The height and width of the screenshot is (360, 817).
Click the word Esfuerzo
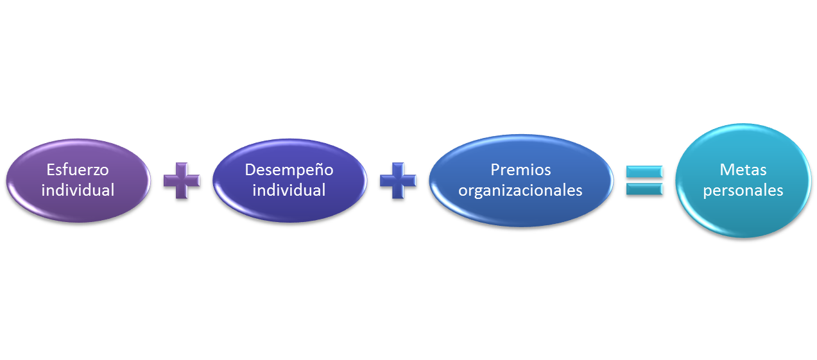tap(78, 170)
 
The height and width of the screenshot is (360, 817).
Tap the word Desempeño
tap(289, 170)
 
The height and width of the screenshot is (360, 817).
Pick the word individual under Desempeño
tap(289, 190)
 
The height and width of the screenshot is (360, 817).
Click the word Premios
tap(520, 170)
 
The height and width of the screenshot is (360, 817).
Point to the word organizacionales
tap(520, 190)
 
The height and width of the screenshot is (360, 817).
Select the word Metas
tap(743, 171)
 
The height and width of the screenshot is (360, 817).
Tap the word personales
tap(743, 191)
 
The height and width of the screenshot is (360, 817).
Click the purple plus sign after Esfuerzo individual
tap(182, 180)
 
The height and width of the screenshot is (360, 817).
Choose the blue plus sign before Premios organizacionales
tap(398, 180)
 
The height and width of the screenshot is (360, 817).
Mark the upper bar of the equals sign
tap(644, 172)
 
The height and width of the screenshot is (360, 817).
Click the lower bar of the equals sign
tap(644, 188)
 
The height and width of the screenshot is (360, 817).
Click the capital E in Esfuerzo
tap(51, 170)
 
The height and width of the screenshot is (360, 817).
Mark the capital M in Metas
tap(727, 171)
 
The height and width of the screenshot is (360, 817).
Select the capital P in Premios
tap(495, 170)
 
